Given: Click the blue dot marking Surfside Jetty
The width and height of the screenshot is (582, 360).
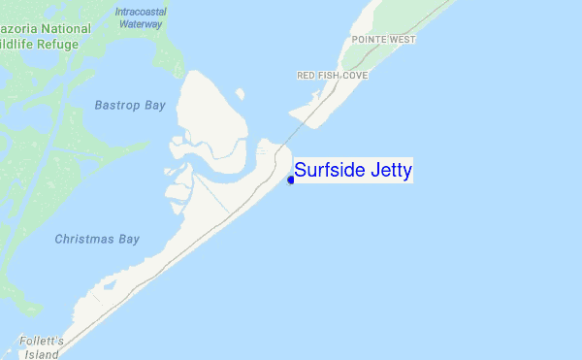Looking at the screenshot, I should [x=291, y=179].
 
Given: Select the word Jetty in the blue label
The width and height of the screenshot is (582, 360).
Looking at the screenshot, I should [x=391, y=172].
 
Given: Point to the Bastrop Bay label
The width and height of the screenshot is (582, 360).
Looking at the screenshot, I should [x=130, y=105].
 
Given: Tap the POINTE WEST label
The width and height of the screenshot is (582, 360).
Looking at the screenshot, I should [x=382, y=40].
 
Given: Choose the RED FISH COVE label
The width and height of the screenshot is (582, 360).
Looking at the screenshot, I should [x=333, y=75].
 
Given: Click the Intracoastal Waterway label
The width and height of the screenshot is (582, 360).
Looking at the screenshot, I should [x=141, y=16].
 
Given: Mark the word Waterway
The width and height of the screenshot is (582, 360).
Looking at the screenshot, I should [x=141, y=22].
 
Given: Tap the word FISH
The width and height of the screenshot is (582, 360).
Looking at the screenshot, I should [x=327, y=75].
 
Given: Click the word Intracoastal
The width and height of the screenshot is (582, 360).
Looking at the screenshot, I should [x=141, y=11].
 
